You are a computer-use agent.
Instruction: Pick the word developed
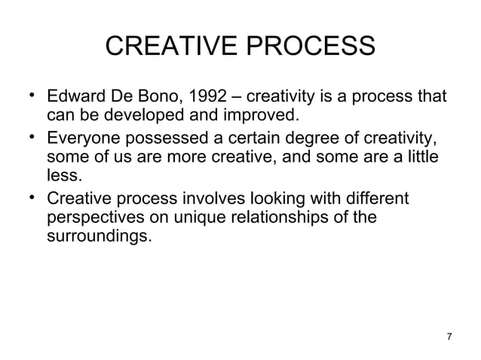click(x=146, y=117)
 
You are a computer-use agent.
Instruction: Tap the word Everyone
click(x=81, y=139)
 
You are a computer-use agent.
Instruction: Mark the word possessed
click(x=158, y=139)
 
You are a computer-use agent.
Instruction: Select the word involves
click(x=235, y=198)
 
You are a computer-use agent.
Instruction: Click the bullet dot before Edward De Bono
click(x=28, y=96)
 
